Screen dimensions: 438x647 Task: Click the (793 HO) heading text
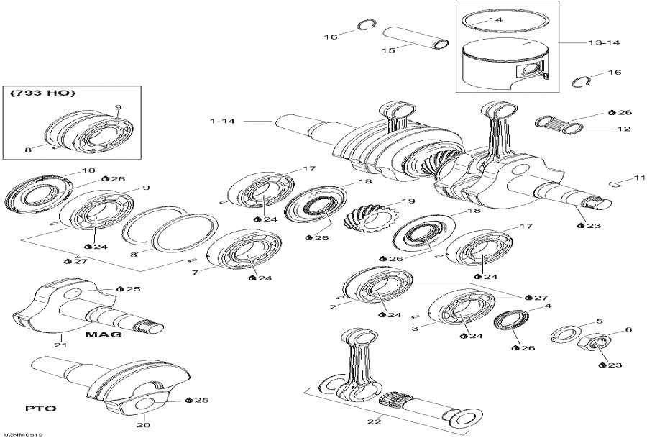click(42, 93)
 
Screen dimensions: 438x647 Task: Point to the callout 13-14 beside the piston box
click(602, 42)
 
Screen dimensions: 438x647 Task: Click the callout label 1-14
click(223, 121)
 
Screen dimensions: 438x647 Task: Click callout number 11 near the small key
click(620, 178)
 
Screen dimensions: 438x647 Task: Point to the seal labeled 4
click(511, 319)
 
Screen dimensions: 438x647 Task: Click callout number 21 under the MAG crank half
click(60, 346)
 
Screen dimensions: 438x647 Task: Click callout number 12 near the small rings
click(623, 129)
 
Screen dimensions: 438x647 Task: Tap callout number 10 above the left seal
click(88, 170)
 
